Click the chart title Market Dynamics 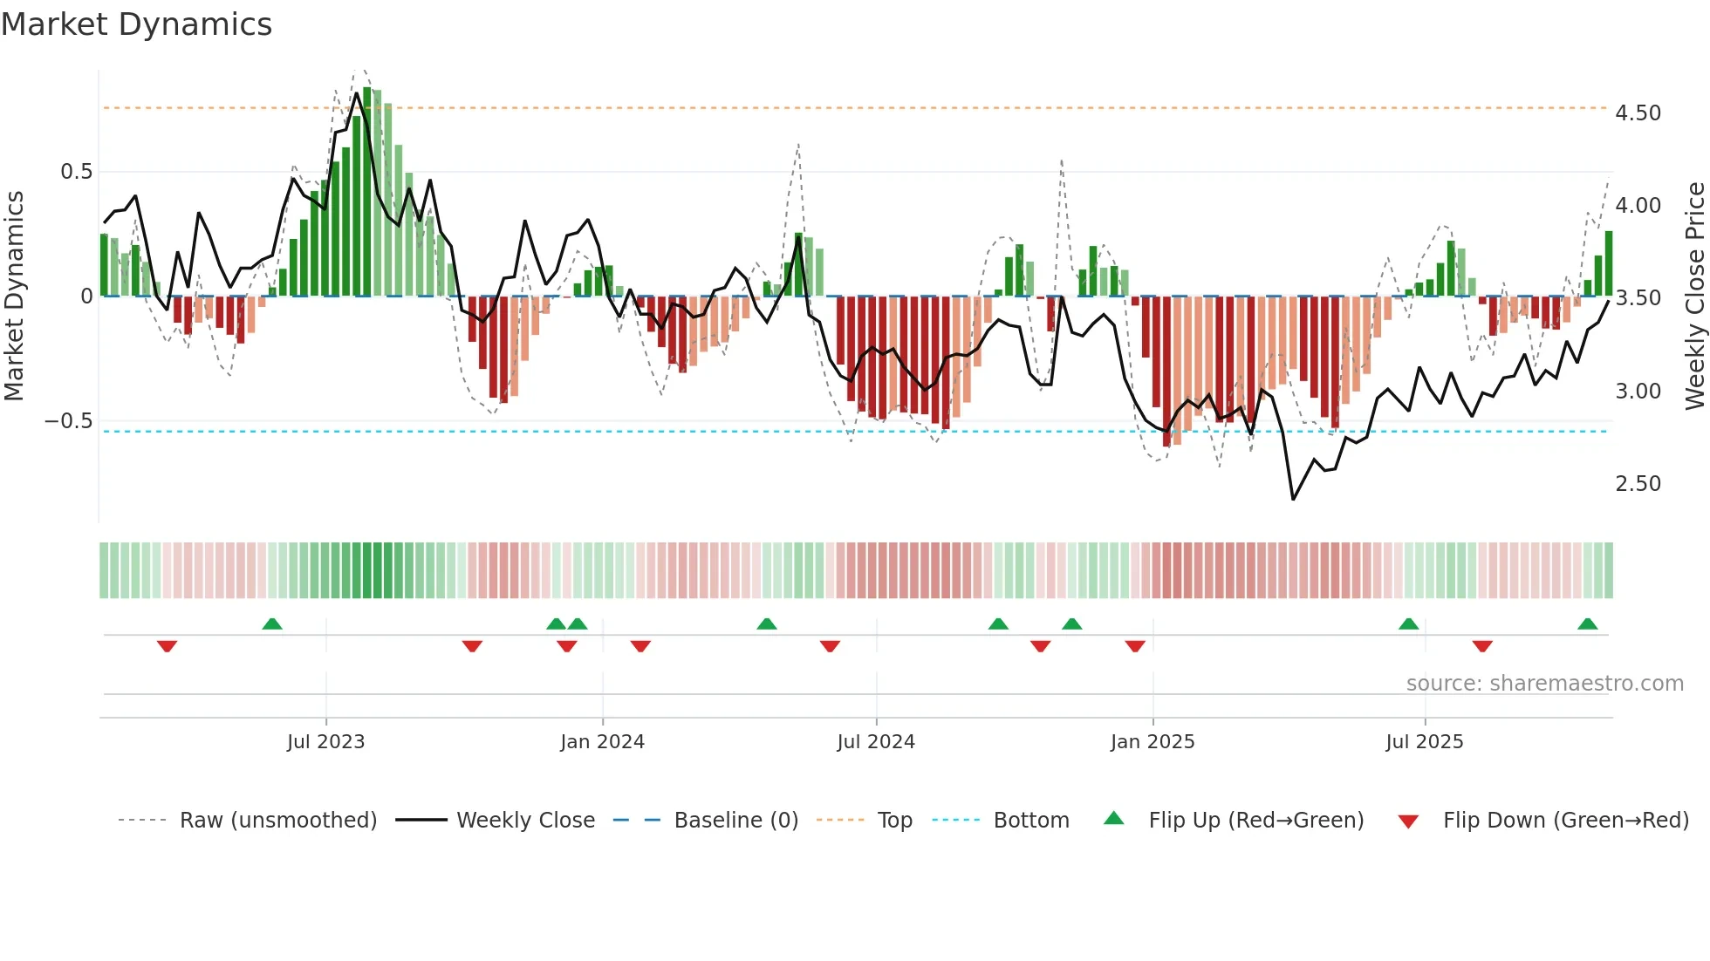click(x=136, y=24)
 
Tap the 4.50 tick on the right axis click(x=1638, y=113)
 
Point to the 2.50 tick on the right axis click(x=1638, y=484)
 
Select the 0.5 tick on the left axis click(x=76, y=172)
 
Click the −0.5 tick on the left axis click(x=68, y=421)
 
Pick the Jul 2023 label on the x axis click(x=325, y=742)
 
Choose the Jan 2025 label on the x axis click(x=1152, y=742)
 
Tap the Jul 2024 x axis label click(x=875, y=742)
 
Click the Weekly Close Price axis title click(x=1694, y=296)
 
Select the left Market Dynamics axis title click(x=14, y=296)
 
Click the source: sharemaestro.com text click(x=1544, y=684)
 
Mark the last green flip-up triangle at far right click(x=1587, y=624)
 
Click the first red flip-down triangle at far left click(x=167, y=646)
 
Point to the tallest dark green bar click(x=367, y=192)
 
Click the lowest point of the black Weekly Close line click(x=1293, y=499)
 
